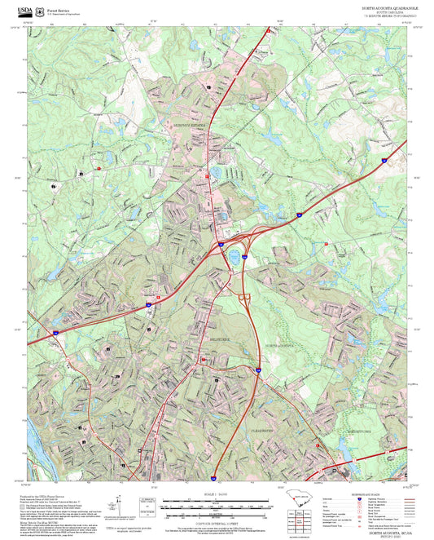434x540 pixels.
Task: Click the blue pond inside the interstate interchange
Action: click(235, 256)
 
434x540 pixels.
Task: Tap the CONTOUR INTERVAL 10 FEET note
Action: click(217, 522)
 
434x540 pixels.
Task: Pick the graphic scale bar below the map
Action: click(217, 506)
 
